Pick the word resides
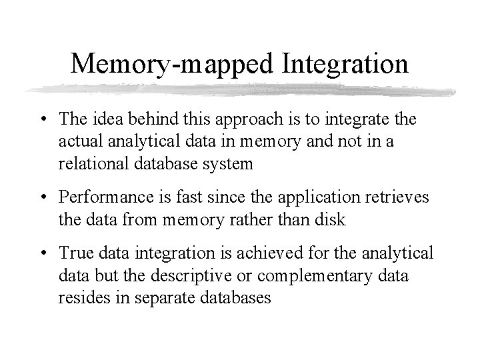[80, 298]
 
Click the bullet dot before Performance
[44, 198]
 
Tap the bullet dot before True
[44, 253]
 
